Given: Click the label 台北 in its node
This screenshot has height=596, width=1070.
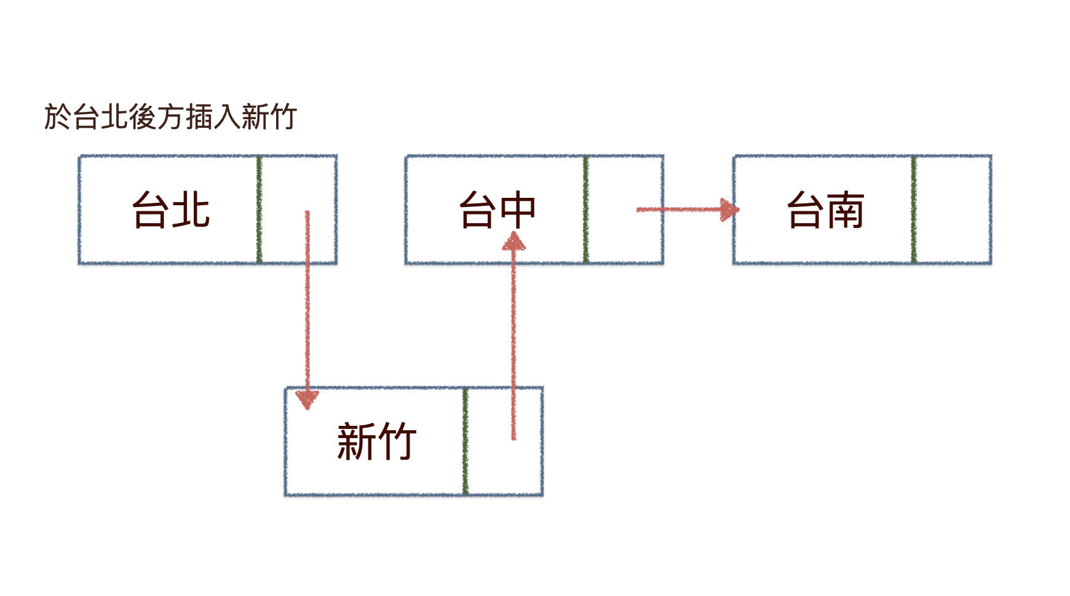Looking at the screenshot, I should (x=171, y=210).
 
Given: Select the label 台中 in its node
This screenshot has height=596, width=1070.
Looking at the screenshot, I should (x=497, y=210).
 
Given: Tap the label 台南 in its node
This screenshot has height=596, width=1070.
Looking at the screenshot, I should (x=826, y=210).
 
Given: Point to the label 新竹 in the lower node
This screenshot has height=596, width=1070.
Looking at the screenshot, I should (x=376, y=442).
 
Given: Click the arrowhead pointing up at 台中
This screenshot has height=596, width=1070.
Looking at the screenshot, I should (x=513, y=240).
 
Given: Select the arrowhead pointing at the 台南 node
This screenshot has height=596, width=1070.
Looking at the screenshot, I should (x=729, y=210).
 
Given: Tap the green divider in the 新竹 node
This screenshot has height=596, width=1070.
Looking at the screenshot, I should (x=466, y=442).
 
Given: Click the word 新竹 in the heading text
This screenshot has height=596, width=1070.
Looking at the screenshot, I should (x=269, y=117).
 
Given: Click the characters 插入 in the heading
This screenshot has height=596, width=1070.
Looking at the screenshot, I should (x=213, y=117).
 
